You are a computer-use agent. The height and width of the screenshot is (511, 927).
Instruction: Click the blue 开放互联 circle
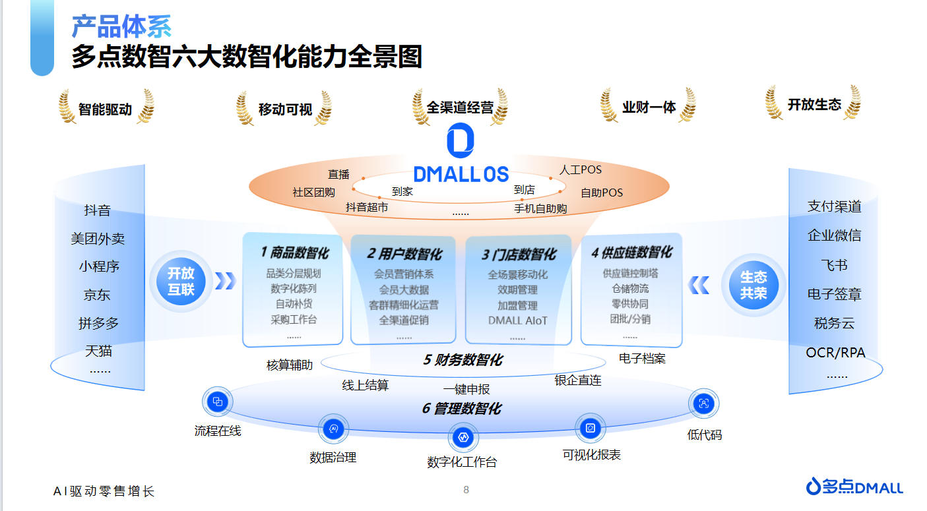pyautogui.click(x=181, y=282)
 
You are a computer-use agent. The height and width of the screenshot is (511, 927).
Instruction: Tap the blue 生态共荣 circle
pyautogui.click(x=753, y=285)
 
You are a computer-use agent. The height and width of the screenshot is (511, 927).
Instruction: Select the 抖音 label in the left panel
pyautogui.click(x=97, y=210)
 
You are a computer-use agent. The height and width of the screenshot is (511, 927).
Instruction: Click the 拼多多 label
pyautogui.click(x=98, y=323)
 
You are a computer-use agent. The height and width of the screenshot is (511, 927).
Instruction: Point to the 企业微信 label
pyautogui.click(x=834, y=235)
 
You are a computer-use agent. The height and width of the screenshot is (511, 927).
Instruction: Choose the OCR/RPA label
pyautogui.click(x=835, y=353)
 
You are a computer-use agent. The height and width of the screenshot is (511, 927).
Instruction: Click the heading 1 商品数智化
pyautogui.click(x=295, y=253)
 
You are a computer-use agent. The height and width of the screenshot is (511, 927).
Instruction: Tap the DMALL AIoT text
pyautogui.click(x=518, y=321)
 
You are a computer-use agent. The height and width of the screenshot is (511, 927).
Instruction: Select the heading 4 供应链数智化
pyautogui.click(x=631, y=252)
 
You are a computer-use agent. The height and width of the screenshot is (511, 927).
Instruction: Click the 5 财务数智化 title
pyautogui.click(x=463, y=360)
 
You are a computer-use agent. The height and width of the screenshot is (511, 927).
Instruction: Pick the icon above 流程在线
pyautogui.click(x=217, y=402)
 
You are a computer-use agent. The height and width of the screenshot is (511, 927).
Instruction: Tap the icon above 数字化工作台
pyautogui.click(x=463, y=437)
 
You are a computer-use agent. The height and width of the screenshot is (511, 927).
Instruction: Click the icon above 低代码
pyautogui.click(x=703, y=403)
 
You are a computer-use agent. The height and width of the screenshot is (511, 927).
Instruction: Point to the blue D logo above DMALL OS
pyautogui.click(x=461, y=140)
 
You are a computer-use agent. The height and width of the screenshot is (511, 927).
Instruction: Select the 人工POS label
pyautogui.click(x=581, y=169)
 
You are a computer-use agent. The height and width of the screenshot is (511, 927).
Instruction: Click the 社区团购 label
pyautogui.click(x=313, y=193)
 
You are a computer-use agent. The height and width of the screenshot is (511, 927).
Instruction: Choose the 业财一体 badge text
pyautogui.click(x=649, y=107)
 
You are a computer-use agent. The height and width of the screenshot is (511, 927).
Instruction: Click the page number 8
pyautogui.click(x=466, y=490)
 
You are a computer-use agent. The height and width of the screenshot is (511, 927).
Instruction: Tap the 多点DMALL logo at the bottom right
pyautogui.click(x=854, y=487)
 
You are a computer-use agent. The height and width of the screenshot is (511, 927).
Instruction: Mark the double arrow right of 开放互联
pyautogui.click(x=226, y=281)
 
